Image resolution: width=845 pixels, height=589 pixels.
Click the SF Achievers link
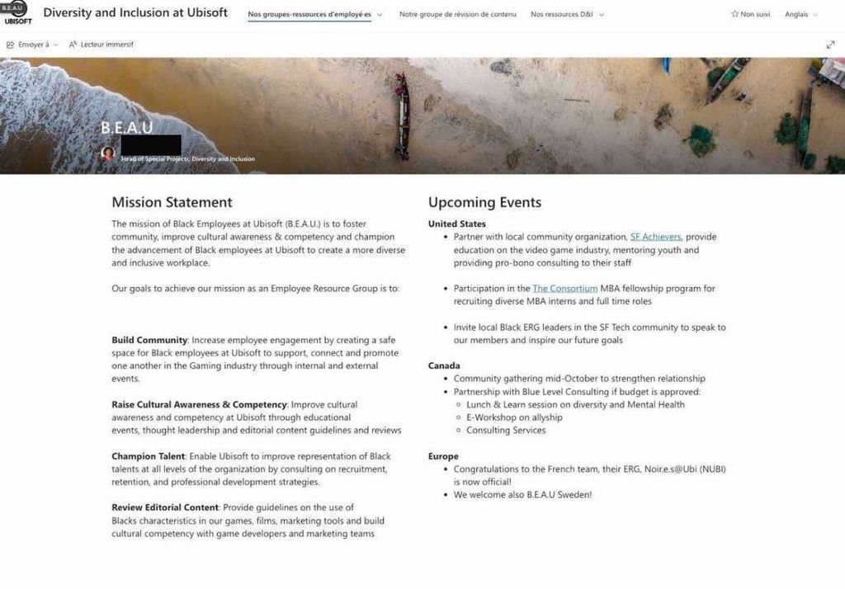coord(655,237)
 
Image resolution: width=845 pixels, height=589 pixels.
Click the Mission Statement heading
coord(172,202)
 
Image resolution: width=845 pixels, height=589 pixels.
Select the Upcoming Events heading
coord(484,202)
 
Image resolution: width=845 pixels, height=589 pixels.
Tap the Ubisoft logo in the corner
coord(17,13)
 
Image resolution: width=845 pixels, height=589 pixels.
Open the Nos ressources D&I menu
coord(567,15)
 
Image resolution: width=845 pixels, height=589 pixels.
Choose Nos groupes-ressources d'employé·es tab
coord(309,15)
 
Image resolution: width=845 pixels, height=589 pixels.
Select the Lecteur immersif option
coord(101,45)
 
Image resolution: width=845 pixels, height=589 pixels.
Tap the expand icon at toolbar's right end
coord(830,45)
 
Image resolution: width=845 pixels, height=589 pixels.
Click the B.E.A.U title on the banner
coord(126,128)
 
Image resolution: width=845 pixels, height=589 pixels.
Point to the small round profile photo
coord(108,153)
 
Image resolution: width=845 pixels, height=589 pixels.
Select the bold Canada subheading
coord(444,365)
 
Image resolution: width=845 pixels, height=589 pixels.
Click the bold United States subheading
coord(457,224)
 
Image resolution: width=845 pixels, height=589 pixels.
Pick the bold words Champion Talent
coord(148,456)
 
